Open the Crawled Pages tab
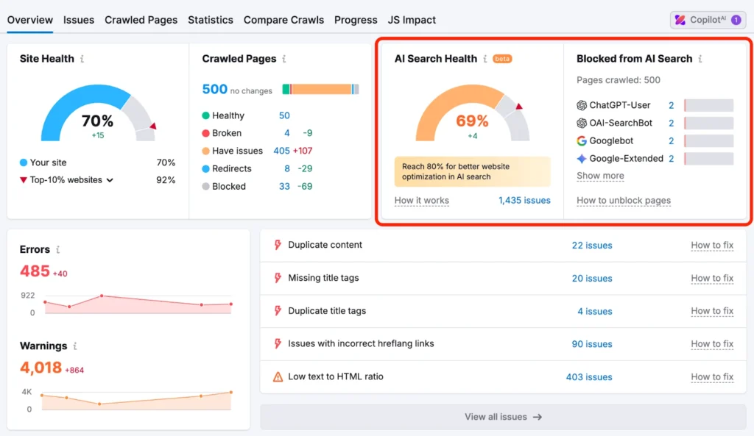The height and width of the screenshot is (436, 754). click(141, 20)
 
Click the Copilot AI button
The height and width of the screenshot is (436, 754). click(708, 20)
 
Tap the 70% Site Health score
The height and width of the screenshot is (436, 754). click(97, 121)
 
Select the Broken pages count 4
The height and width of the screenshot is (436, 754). click(286, 133)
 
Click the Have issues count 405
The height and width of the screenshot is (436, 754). click(281, 151)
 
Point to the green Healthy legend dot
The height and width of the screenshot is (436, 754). click(206, 115)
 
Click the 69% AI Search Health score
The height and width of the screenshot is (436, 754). click(472, 121)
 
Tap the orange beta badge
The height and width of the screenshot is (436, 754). click(502, 59)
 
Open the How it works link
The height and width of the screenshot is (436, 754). click(421, 200)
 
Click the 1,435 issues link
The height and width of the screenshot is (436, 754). click(524, 200)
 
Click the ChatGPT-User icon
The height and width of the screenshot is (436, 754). click(582, 105)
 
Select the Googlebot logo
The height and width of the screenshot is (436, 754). click(582, 140)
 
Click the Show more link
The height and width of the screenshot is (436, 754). click(600, 176)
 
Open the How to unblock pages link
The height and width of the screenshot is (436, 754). click(623, 200)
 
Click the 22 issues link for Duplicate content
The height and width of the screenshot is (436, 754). click(591, 246)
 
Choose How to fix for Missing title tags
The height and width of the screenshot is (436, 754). click(711, 278)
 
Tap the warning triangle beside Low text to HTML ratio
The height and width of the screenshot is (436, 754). click(278, 376)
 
